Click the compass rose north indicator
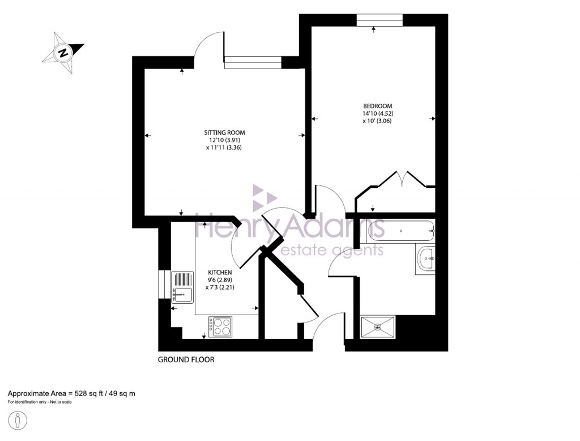63,53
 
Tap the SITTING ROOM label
225,133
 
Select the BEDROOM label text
377,106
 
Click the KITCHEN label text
220,272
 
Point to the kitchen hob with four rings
220,326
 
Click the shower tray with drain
378,327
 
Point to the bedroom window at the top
379,21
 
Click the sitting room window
253,62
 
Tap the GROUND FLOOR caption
186,360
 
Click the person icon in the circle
19,422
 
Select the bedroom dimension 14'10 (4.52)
377,113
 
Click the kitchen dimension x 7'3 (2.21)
220,287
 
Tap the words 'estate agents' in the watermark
333,251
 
